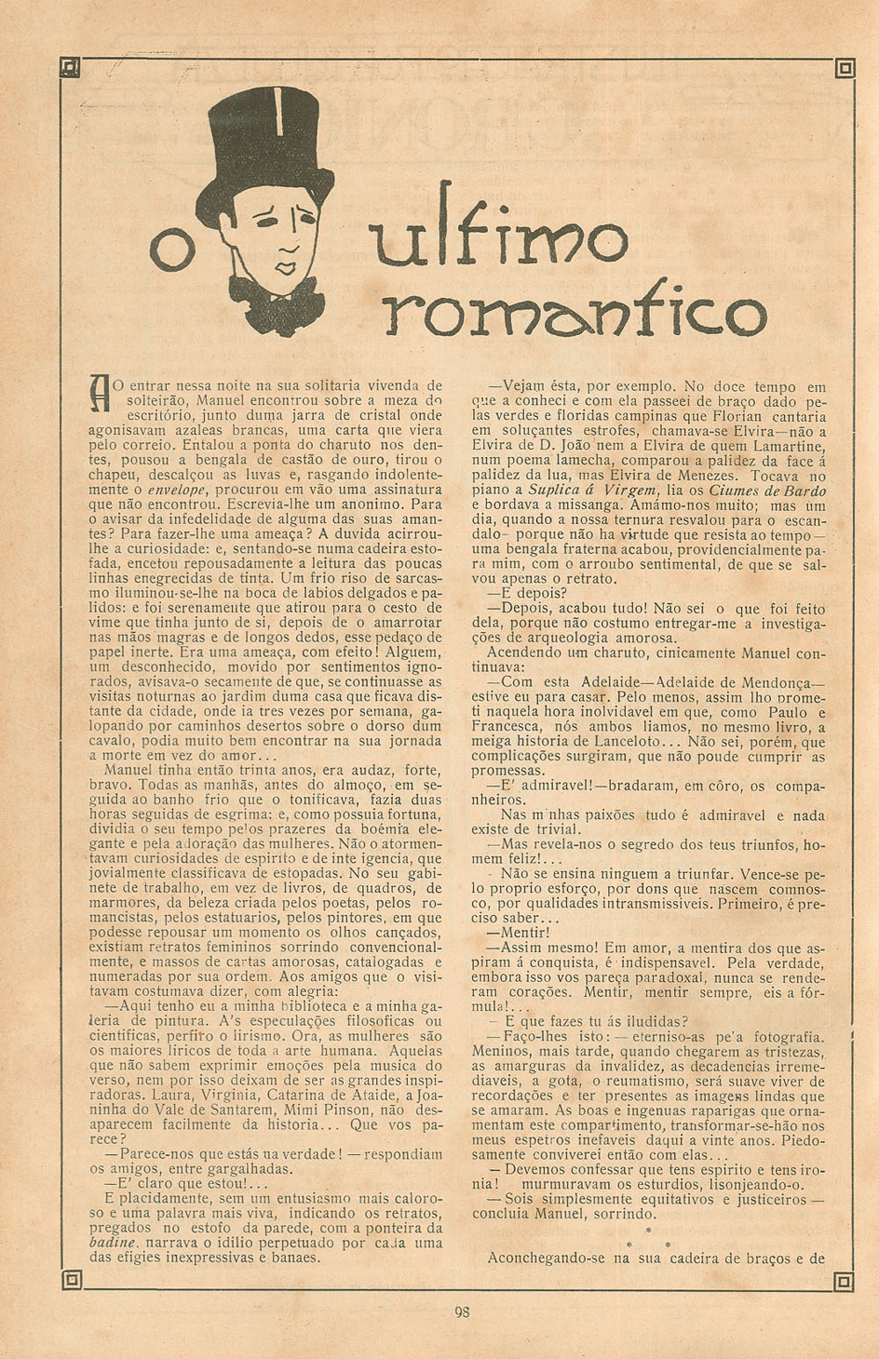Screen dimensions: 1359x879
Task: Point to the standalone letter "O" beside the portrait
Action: pos(172,250)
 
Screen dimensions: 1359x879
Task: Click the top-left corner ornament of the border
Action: pos(71,68)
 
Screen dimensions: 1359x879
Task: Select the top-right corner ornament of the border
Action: pos(845,68)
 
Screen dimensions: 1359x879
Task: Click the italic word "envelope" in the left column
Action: pos(176,490)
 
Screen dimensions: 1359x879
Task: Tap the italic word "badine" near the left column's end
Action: pos(113,1243)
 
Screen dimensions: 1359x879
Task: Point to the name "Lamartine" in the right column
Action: pos(788,446)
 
